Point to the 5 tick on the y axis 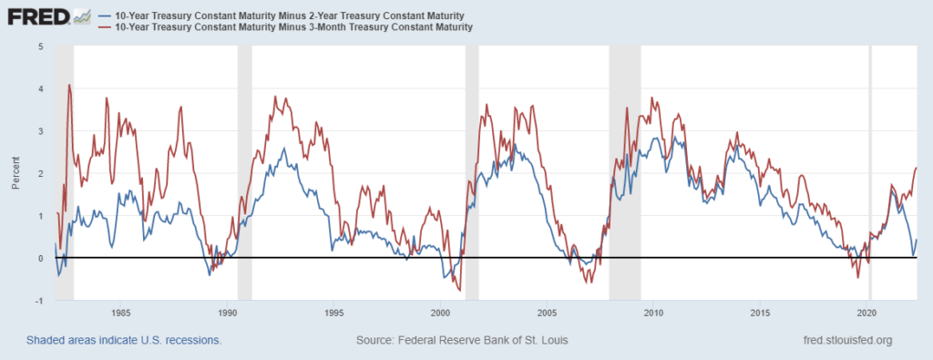tap(40, 46)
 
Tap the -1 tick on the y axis tap(39, 301)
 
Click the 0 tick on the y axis tap(40, 259)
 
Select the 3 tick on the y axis tap(40, 131)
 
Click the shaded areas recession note tap(124, 340)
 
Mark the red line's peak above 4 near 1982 tap(69, 86)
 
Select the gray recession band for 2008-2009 tap(625, 173)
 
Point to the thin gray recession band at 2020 tap(869, 173)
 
